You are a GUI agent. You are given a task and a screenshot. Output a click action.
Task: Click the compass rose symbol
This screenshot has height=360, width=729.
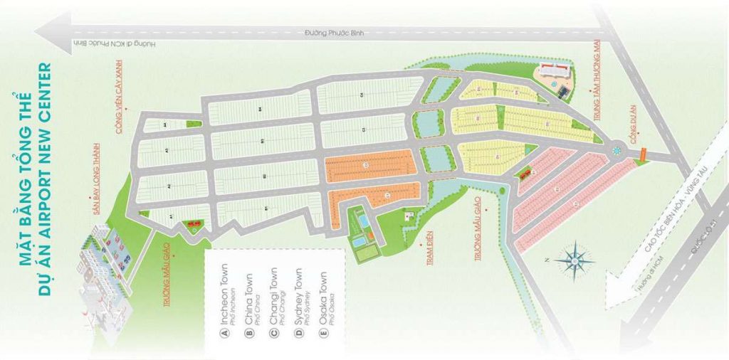[574, 262]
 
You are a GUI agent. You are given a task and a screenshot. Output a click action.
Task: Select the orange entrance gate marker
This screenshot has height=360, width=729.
[642, 153]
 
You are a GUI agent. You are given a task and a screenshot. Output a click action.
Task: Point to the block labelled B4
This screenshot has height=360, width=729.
[261, 109]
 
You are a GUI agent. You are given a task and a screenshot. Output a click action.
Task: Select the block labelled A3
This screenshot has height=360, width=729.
[167, 151]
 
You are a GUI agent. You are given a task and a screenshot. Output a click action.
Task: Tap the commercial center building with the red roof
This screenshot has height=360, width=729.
[555, 71]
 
